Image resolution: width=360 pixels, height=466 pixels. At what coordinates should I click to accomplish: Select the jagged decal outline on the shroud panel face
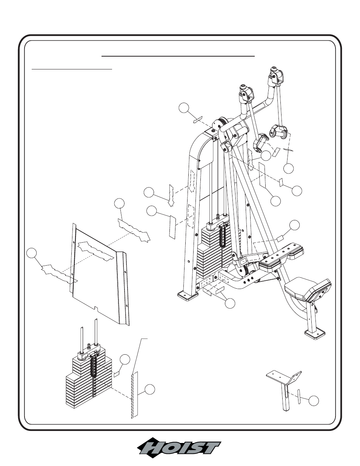95,250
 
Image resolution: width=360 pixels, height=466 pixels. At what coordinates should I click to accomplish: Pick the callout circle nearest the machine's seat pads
294,225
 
